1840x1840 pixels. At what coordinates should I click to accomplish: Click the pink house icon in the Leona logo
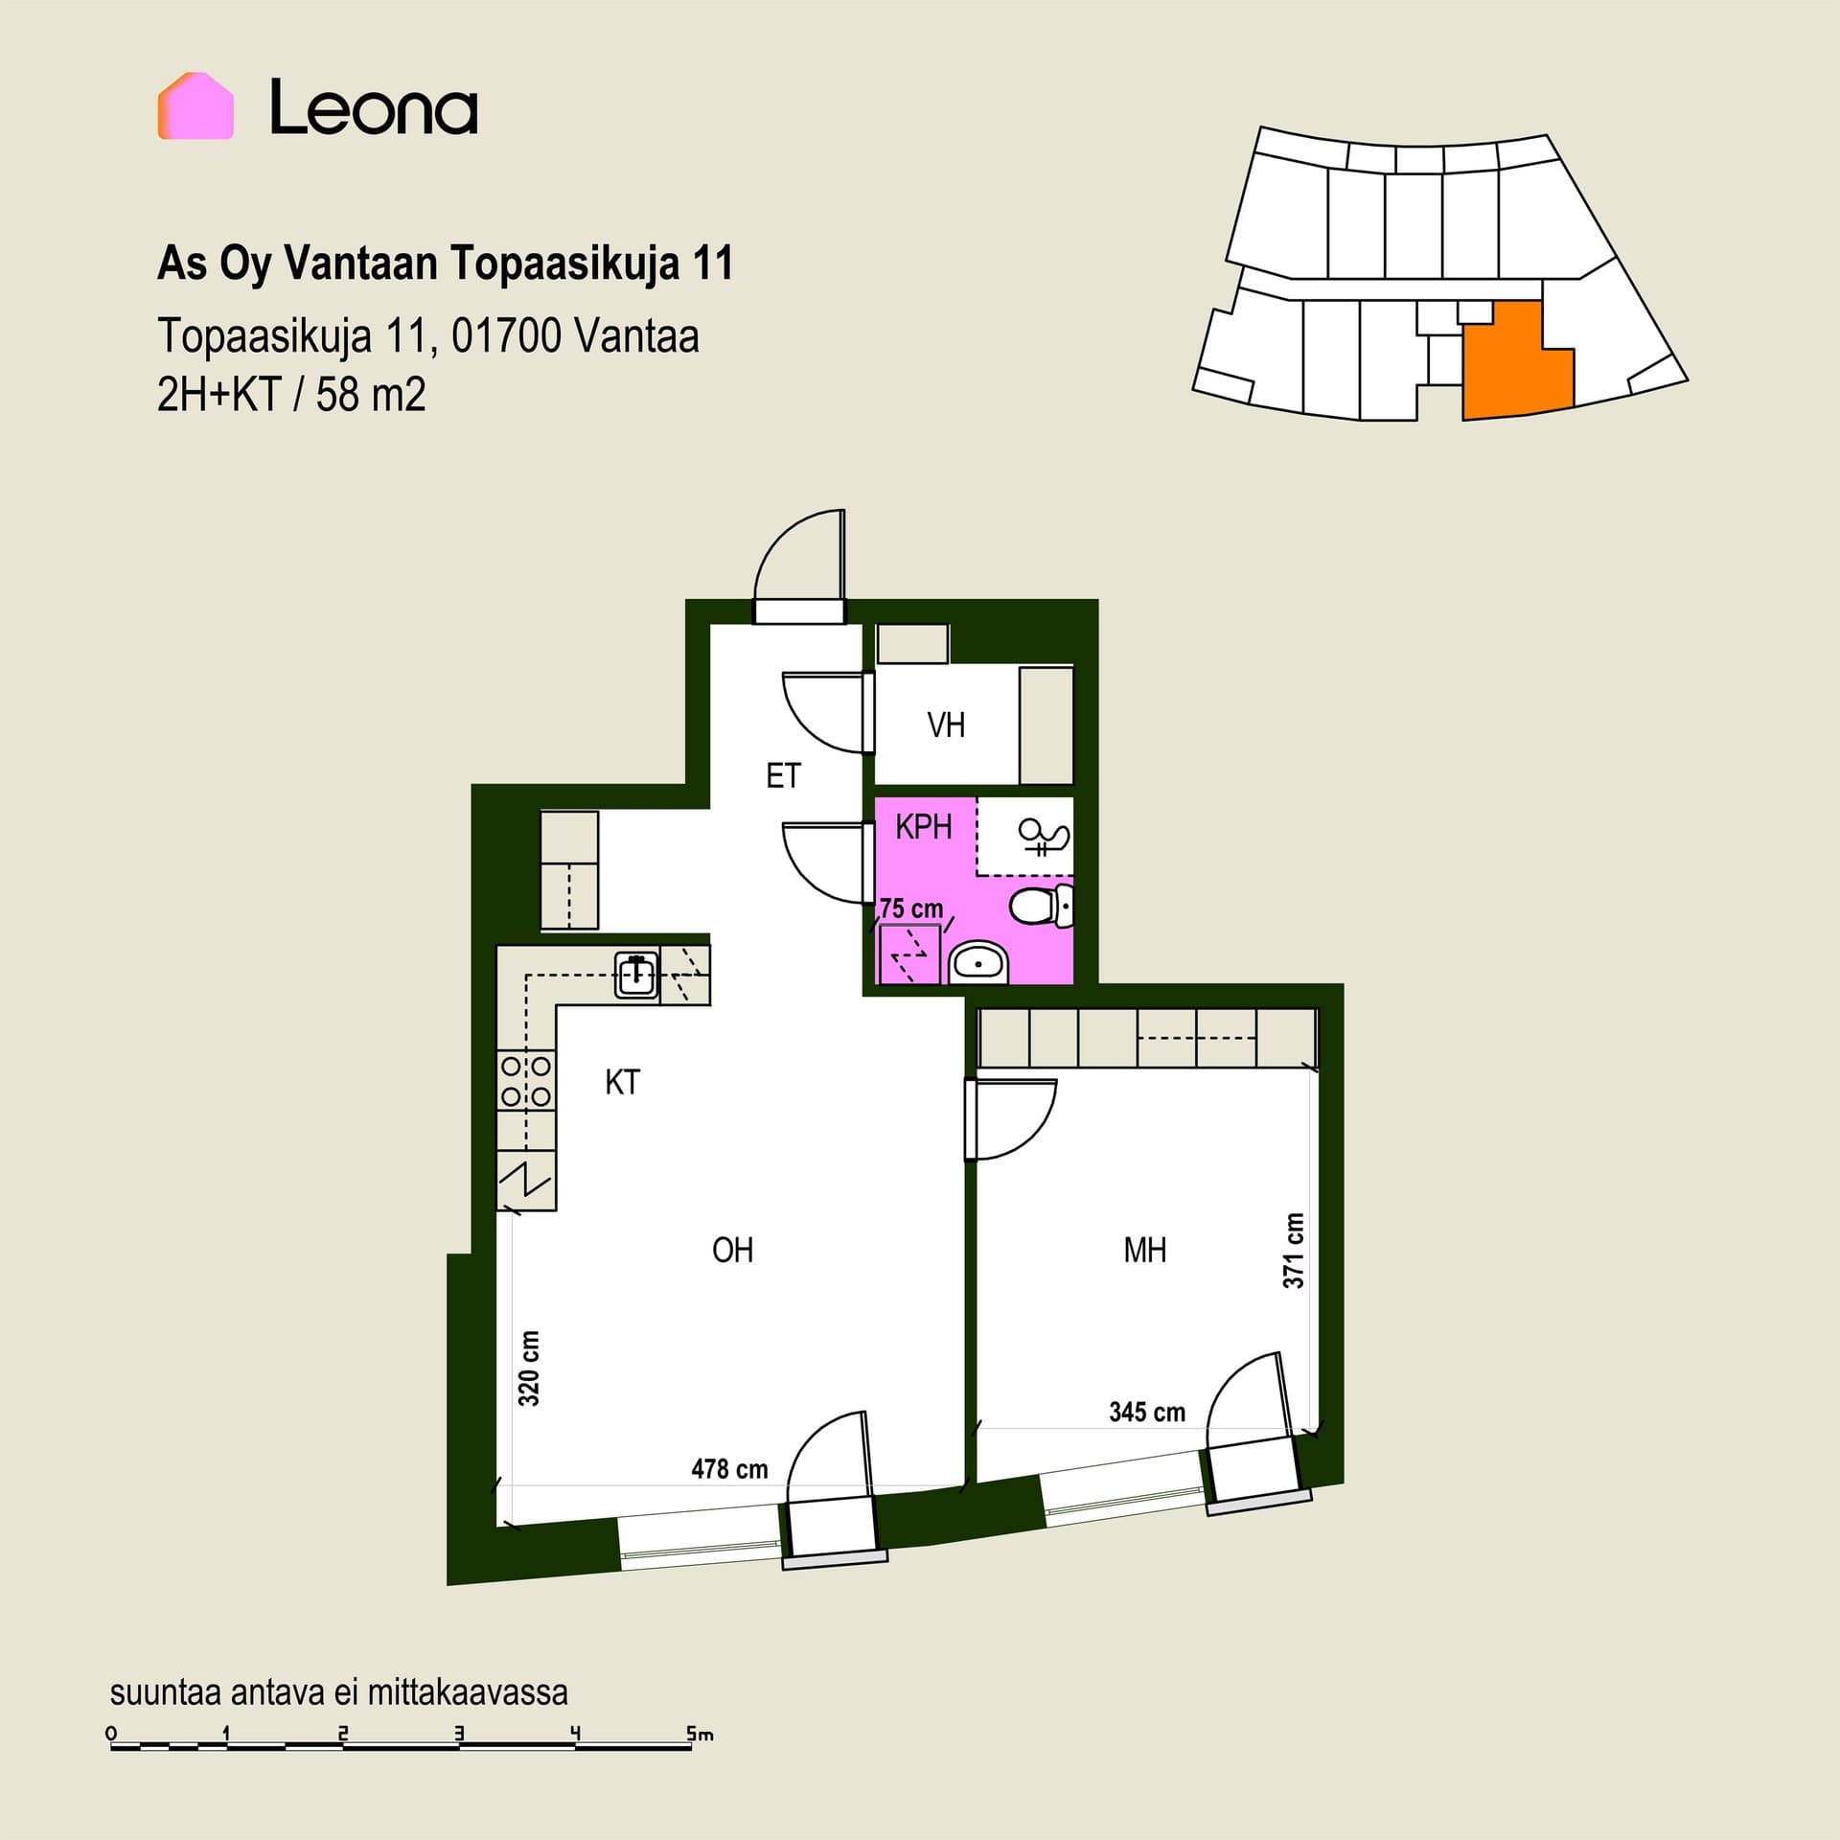click(x=196, y=106)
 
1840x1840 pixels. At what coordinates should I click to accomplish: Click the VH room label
click(x=946, y=725)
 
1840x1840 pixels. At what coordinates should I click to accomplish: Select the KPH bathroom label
click(x=924, y=826)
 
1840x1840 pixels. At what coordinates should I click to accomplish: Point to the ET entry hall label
click(x=783, y=775)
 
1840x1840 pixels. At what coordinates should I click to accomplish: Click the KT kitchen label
click(x=622, y=1082)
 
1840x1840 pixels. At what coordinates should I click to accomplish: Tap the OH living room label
click(x=733, y=1250)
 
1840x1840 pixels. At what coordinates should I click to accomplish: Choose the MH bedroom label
click(x=1145, y=1250)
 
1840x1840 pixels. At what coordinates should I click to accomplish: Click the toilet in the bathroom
click(x=1042, y=906)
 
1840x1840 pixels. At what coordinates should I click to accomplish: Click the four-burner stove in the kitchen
click(x=526, y=1080)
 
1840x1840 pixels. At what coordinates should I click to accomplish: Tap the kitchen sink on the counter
click(x=636, y=975)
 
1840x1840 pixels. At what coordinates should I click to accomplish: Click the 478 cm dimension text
click(x=729, y=1469)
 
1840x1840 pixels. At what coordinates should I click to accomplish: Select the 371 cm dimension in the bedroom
click(x=1294, y=1251)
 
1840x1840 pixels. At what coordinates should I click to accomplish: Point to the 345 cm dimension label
click(x=1147, y=1412)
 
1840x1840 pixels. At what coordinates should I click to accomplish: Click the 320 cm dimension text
click(x=528, y=1368)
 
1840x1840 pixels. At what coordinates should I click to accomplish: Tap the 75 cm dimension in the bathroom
click(x=911, y=908)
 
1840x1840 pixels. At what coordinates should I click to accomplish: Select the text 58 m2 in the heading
click(x=371, y=395)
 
